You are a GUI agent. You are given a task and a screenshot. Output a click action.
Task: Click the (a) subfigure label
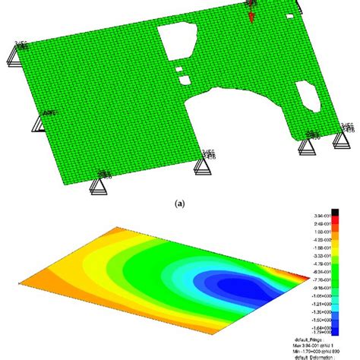[x=180, y=204]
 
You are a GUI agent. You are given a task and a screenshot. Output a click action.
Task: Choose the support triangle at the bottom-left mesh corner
[x=98, y=186]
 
